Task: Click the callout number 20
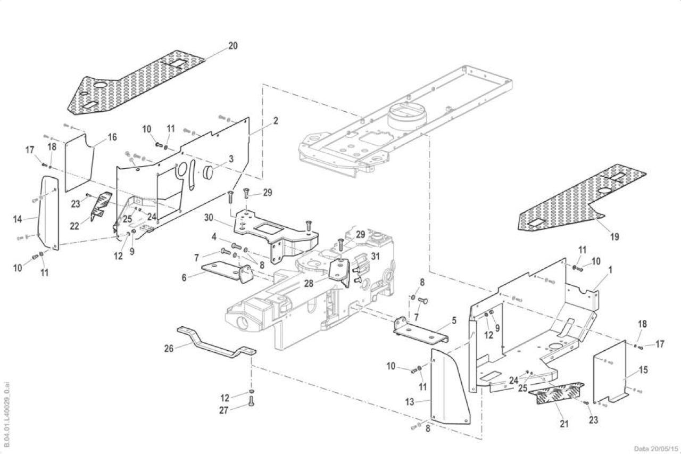tap(233, 46)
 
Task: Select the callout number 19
tap(614, 236)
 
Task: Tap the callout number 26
tap(169, 349)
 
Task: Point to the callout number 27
tap(224, 410)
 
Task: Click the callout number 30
tap(209, 218)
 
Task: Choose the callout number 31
tap(376, 257)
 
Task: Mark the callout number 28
tap(309, 283)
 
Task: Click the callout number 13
tap(410, 402)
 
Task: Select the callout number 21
tap(564, 424)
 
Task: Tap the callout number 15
tap(643, 370)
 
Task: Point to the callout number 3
tap(231, 159)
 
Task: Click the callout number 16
tap(112, 137)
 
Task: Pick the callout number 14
tap(18, 219)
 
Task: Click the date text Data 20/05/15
tap(656, 449)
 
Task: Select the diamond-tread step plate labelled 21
tap(557, 393)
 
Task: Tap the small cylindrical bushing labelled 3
tap(208, 174)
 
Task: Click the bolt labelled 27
tap(251, 401)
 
